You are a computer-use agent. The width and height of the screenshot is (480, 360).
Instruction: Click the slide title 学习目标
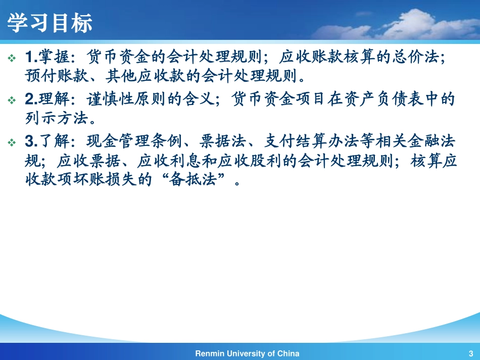[x=50, y=23]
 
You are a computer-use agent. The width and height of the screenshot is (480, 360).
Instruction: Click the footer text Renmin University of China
[x=247, y=353]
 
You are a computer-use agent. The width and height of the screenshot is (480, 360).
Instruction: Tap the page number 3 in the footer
[x=470, y=353]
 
